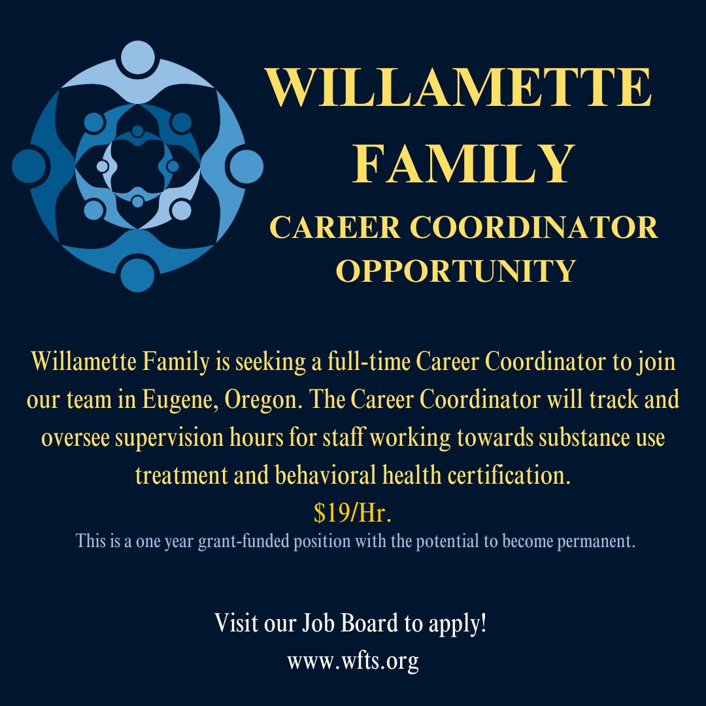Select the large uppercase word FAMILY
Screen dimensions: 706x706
coord(458,164)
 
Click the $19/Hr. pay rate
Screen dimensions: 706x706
coord(352,513)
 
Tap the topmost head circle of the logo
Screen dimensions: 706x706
coord(138,57)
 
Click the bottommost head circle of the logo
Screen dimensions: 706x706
coord(138,275)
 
